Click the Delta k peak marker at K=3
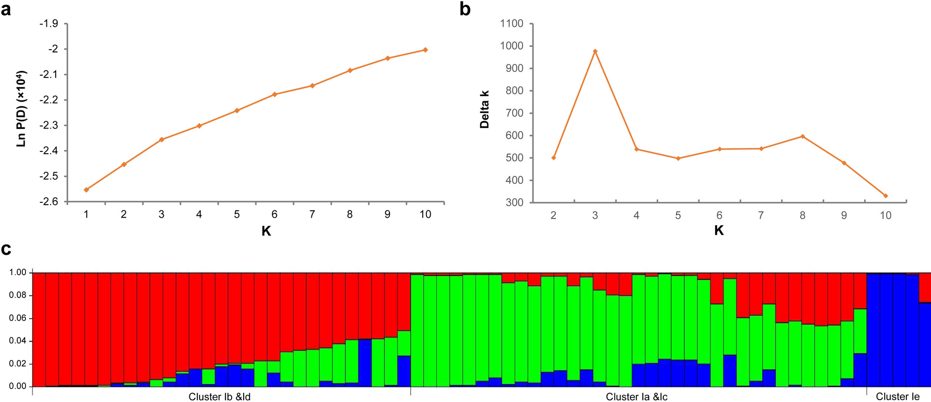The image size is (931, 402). (595, 51)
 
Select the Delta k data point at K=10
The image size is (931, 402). (886, 196)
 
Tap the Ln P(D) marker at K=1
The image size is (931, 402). (86, 190)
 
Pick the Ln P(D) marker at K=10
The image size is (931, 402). (425, 50)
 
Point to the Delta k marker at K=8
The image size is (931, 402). (802, 136)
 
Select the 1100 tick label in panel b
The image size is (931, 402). (511, 24)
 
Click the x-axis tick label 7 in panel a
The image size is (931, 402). (312, 214)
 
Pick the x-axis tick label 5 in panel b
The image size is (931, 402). (678, 215)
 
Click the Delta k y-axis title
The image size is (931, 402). (485, 110)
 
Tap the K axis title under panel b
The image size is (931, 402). (719, 230)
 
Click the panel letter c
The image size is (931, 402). (6, 250)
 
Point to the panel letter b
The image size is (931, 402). (465, 9)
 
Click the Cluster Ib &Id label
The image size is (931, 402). (220, 397)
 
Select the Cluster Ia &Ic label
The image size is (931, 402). (637, 397)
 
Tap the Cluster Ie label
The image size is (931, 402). (898, 397)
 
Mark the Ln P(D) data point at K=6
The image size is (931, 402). (274, 94)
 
